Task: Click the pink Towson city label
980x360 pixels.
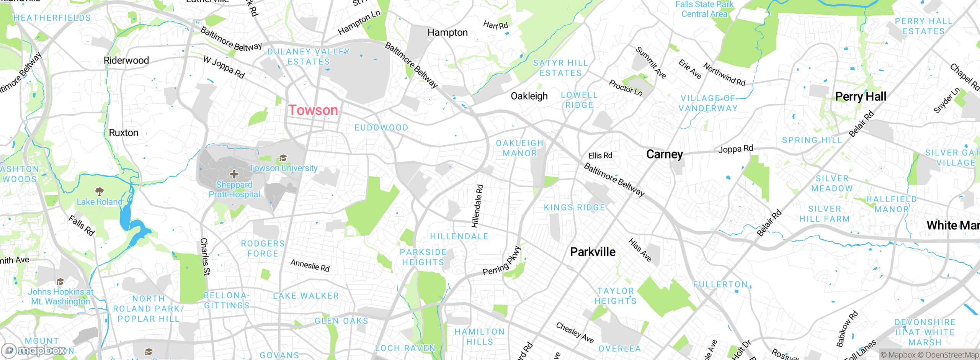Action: (313, 110)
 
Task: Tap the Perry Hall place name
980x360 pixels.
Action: (860, 97)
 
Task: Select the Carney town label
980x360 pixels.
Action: (664, 154)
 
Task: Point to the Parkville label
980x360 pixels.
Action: (593, 252)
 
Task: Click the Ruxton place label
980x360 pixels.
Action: (123, 133)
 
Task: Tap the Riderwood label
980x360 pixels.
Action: (126, 61)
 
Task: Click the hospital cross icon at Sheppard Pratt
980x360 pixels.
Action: (234, 175)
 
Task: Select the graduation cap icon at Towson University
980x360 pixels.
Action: (283, 158)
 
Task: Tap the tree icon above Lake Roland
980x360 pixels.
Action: (99, 191)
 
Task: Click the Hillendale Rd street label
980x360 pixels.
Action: (477, 206)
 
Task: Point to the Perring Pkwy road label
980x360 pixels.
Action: (502, 261)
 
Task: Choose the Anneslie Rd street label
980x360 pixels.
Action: (310, 265)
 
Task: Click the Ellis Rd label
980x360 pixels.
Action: (600, 155)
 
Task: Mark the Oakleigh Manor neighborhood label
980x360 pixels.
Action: (519, 148)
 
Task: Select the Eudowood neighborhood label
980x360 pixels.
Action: (381, 128)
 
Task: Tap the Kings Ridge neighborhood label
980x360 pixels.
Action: (574, 208)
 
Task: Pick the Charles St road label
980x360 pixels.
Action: (205, 256)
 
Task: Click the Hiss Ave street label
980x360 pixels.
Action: (640, 250)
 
